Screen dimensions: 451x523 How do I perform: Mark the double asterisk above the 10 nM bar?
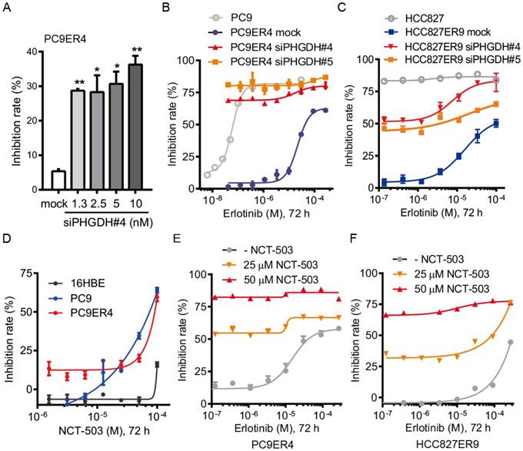coord(135,48)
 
